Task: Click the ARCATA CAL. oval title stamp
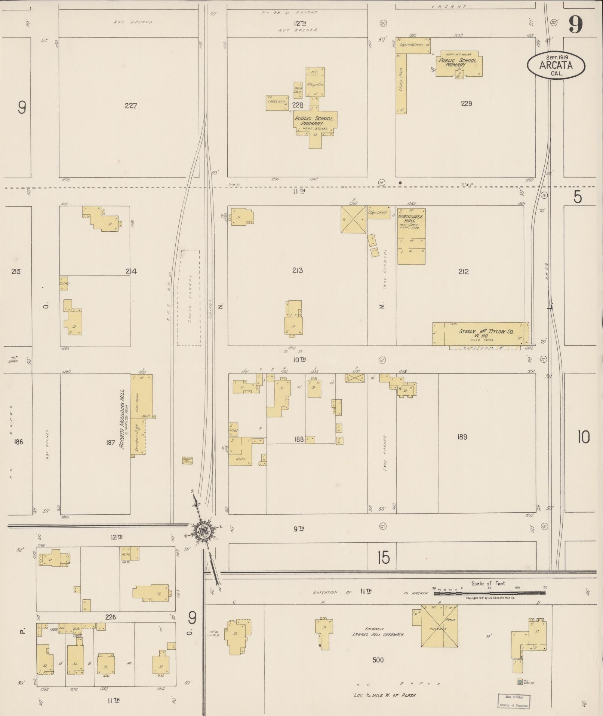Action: point(556,65)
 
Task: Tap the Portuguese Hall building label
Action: point(410,219)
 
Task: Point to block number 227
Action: point(131,106)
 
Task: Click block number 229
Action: point(467,104)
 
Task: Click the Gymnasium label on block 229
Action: point(411,45)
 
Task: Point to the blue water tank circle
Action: point(519,682)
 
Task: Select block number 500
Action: point(378,660)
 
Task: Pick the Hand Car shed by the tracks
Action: point(187,460)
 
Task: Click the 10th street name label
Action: point(299,359)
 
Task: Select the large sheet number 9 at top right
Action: point(576,25)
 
